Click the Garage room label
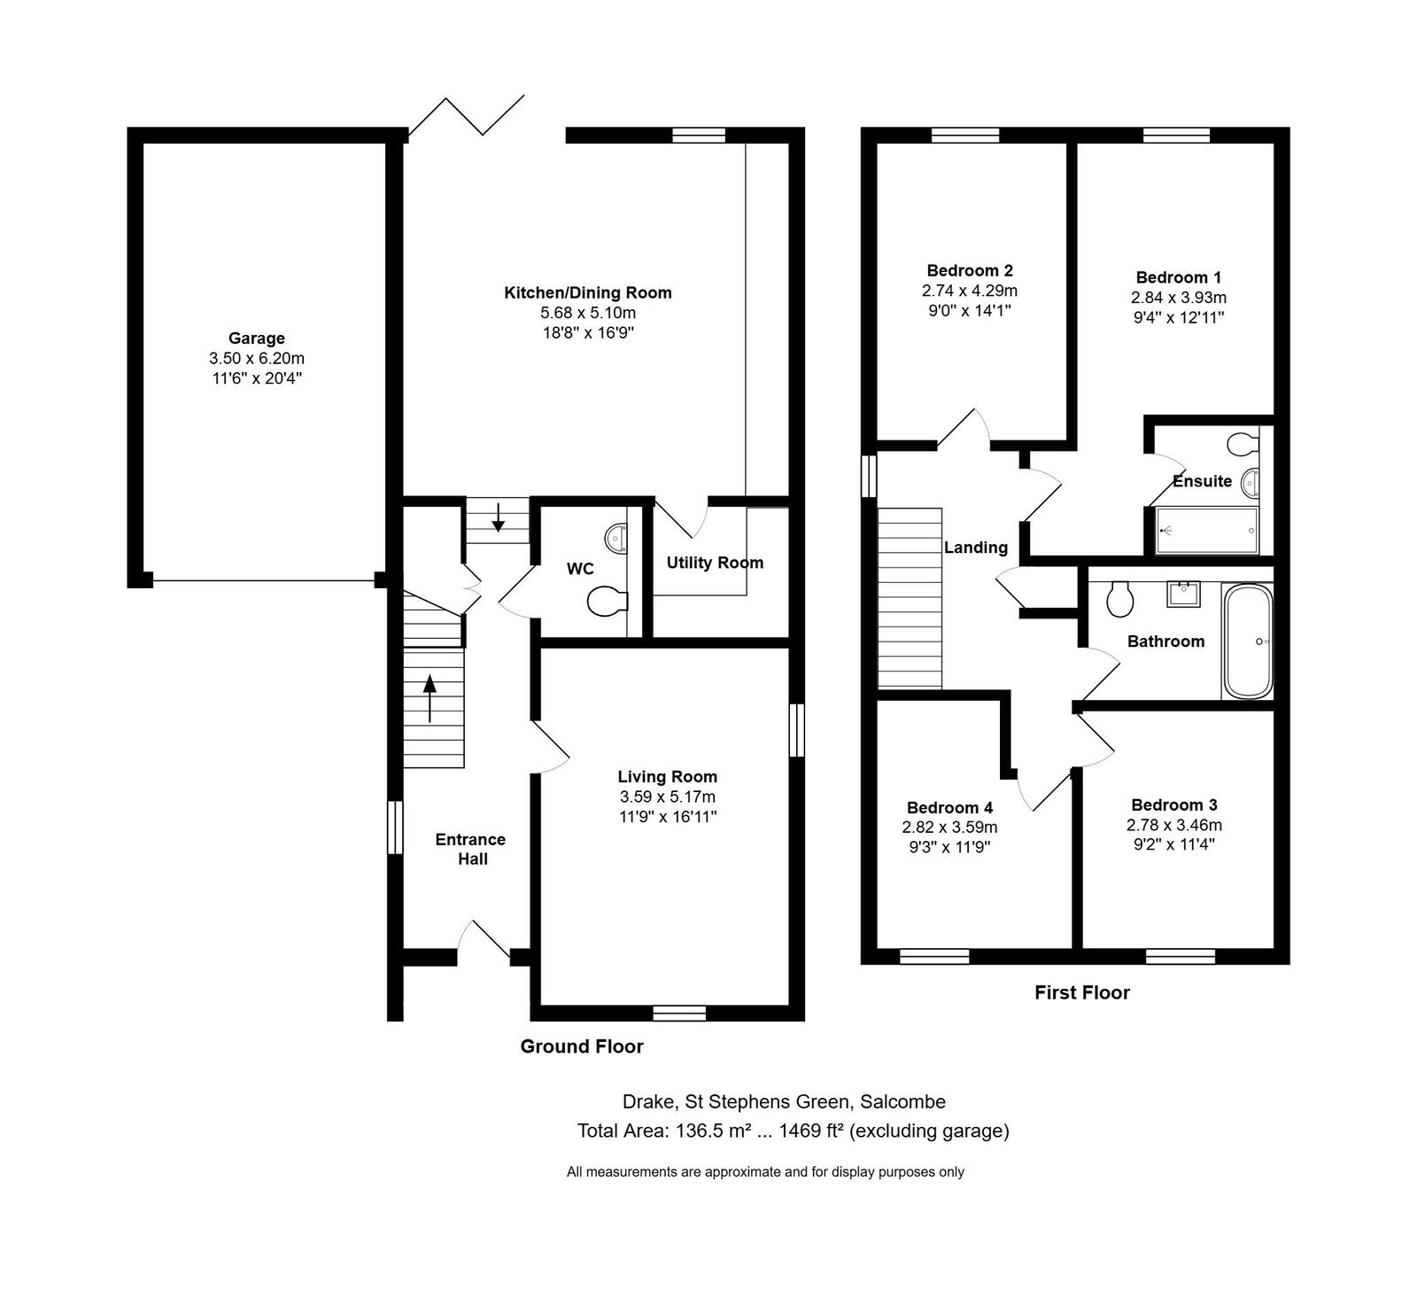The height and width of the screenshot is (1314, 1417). pyautogui.click(x=257, y=338)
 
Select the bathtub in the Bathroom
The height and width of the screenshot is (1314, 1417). pyautogui.click(x=1248, y=641)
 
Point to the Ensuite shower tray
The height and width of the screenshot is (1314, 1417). pyautogui.click(x=1207, y=530)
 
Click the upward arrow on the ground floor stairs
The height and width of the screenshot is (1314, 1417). pyautogui.click(x=430, y=698)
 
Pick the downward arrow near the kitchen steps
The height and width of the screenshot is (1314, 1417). pyautogui.click(x=499, y=517)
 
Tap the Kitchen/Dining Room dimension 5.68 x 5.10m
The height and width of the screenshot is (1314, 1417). pyautogui.click(x=588, y=313)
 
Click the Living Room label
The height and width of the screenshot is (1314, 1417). pyautogui.click(x=668, y=777)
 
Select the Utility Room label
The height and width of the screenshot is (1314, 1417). pyautogui.click(x=715, y=563)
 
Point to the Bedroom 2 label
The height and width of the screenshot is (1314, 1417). pyautogui.click(x=970, y=270)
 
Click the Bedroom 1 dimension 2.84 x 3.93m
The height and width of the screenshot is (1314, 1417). pyautogui.click(x=1179, y=298)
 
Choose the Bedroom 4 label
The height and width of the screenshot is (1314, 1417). pyautogui.click(x=949, y=807)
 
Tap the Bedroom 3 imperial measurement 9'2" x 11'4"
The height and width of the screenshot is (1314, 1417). pyautogui.click(x=1173, y=844)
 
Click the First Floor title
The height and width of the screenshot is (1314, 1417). pyautogui.click(x=1082, y=992)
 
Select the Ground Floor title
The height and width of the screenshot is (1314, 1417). pyautogui.click(x=582, y=1046)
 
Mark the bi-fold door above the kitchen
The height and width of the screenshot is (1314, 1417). pyautogui.click(x=467, y=114)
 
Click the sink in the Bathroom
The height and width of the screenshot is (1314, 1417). pyautogui.click(x=1183, y=594)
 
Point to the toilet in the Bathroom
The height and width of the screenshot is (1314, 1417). pyautogui.click(x=1120, y=599)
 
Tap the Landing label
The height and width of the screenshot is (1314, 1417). pyautogui.click(x=976, y=548)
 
